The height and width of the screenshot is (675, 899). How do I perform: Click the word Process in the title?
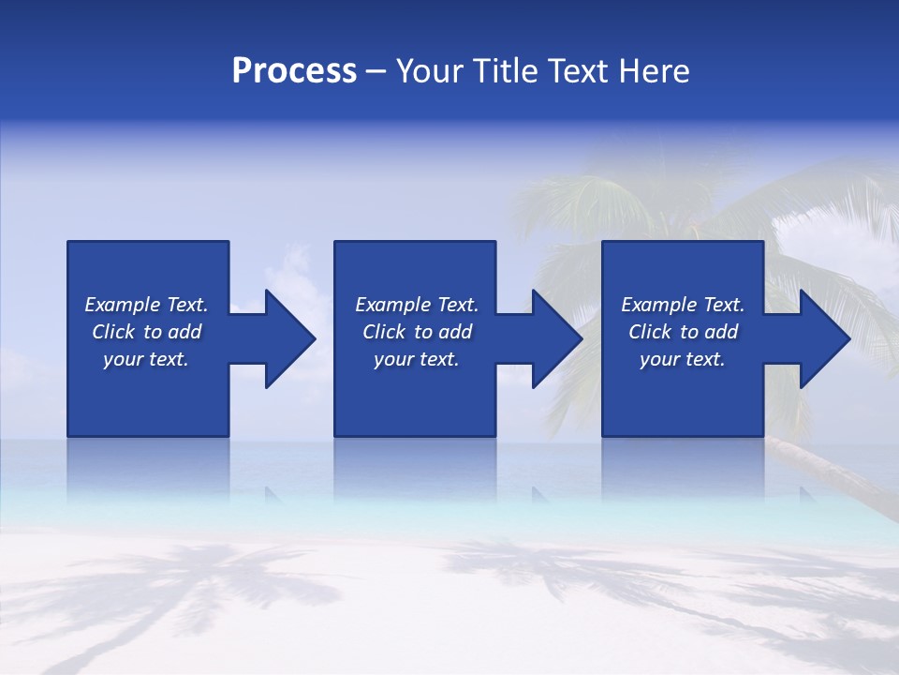tap(294, 71)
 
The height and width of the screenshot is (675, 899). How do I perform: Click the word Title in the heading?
tap(499, 71)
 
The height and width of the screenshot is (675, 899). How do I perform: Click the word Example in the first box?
tap(122, 305)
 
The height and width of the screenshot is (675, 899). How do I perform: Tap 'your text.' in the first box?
tap(146, 359)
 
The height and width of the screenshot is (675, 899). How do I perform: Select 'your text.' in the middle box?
tap(417, 359)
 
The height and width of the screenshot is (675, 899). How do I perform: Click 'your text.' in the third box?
tap(683, 359)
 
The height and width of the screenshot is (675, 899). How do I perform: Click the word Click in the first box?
tap(113, 332)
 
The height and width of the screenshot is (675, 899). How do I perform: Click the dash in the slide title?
tap(376, 72)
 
